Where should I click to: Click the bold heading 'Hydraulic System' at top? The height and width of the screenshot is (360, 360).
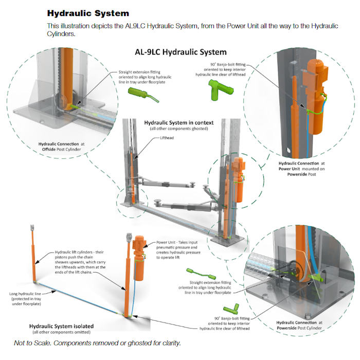(x=87, y=12)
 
